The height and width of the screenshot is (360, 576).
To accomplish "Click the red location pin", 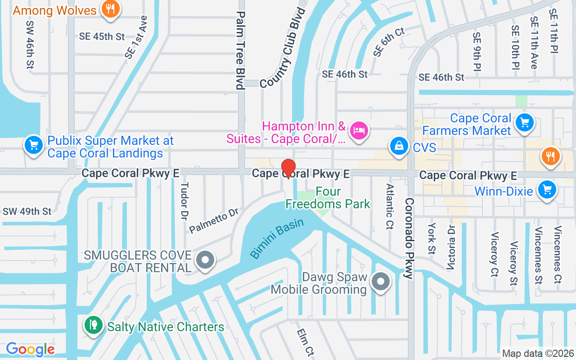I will click(288, 169).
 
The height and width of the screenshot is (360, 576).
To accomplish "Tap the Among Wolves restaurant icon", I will click(110, 9).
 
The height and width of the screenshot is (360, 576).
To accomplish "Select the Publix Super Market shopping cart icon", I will click(33, 145).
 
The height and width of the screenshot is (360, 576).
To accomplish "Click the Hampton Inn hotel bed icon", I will click(359, 131).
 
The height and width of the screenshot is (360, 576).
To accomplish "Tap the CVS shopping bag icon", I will click(399, 146).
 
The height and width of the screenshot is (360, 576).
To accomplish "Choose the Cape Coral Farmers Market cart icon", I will click(524, 122).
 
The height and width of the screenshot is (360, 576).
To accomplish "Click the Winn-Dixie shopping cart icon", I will click(547, 190).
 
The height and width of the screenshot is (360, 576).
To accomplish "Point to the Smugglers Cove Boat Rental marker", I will click(206, 260).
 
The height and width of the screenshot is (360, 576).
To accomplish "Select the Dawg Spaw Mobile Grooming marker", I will click(381, 282).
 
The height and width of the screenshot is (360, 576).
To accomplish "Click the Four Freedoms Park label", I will click(328, 198).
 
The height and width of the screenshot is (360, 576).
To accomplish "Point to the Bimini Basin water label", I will click(277, 238).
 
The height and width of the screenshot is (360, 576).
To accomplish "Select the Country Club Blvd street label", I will click(283, 47).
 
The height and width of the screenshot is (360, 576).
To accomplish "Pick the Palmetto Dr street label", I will click(213, 220).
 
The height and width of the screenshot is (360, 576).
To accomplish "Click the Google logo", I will click(30, 349).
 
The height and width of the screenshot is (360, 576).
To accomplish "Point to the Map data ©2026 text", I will click(538, 353).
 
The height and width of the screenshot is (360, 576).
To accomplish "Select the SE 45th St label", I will click(102, 36).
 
